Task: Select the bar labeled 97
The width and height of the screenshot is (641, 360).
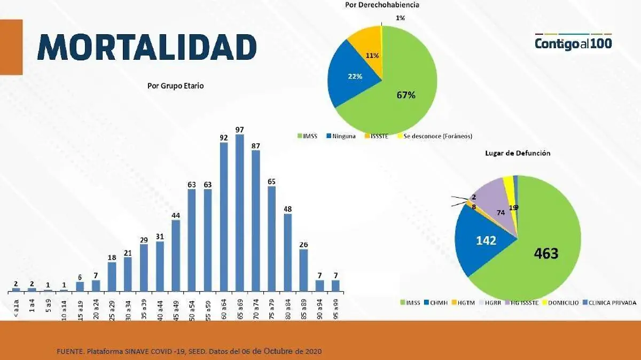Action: [x=240, y=214]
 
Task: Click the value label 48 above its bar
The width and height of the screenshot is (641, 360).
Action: [x=287, y=208]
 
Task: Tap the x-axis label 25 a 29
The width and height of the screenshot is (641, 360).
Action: [x=112, y=306]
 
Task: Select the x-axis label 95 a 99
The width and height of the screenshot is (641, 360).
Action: [x=335, y=306]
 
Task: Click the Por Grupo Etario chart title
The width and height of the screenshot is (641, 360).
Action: [x=175, y=85]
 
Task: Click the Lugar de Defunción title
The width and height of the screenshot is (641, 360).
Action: [x=517, y=153]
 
